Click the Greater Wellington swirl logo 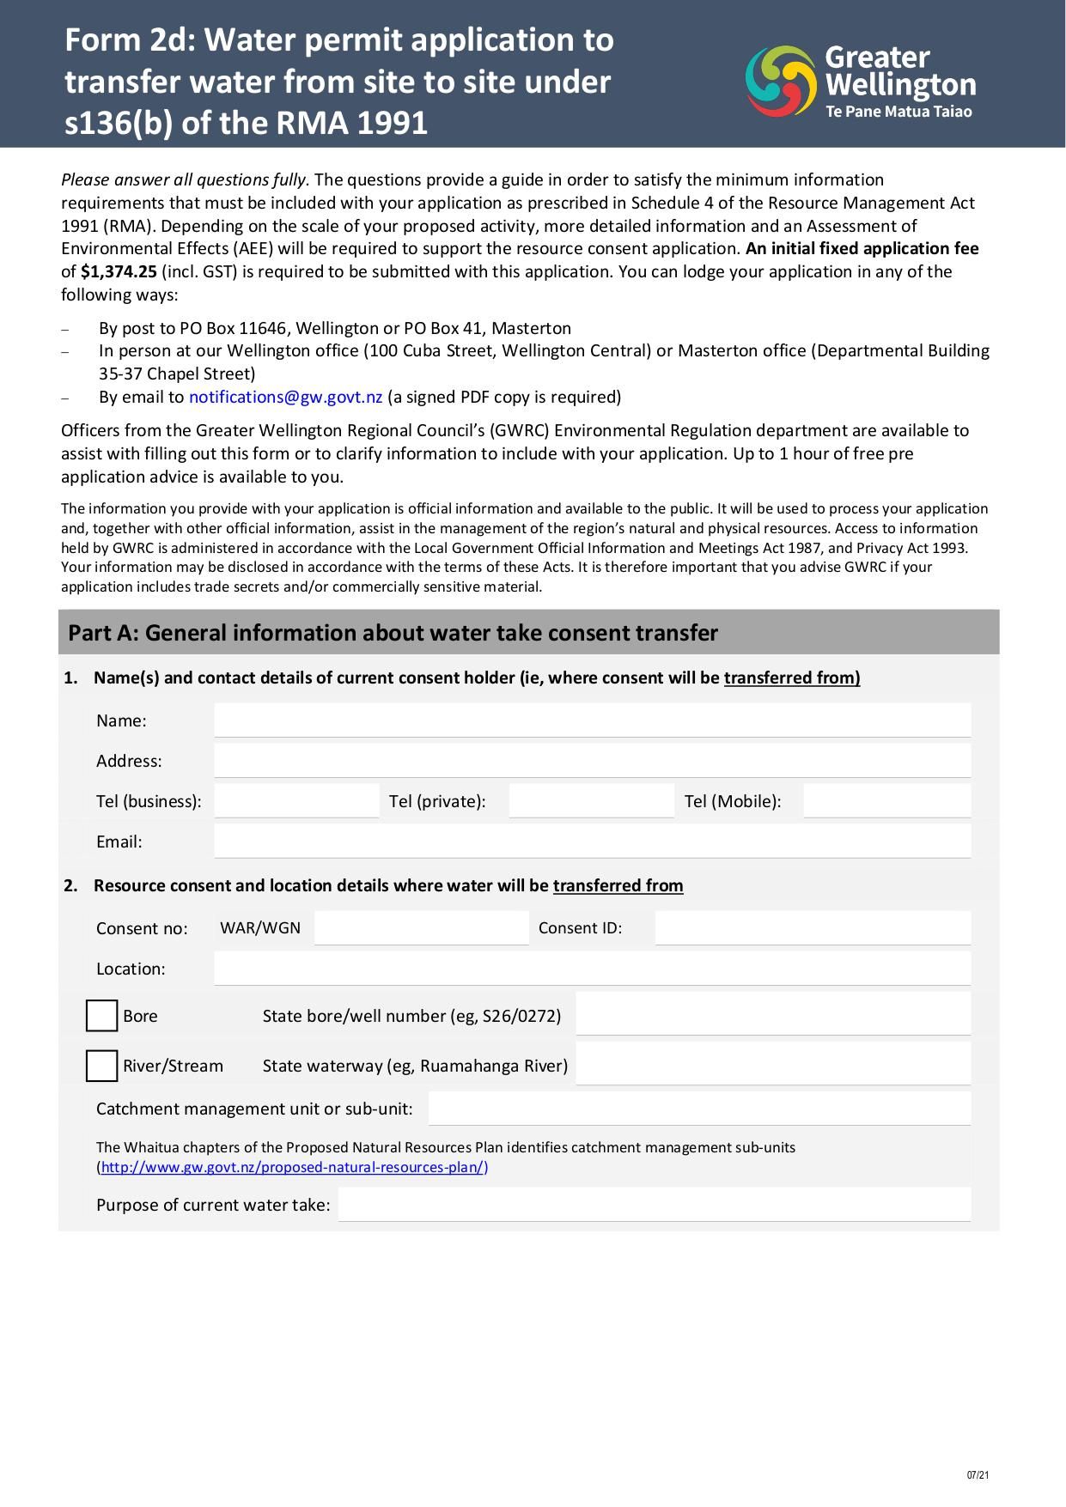point(780,81)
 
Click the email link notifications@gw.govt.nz point(285,397)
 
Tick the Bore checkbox point(101,1016)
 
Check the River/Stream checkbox point(101,1066)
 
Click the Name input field point(592,720)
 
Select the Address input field point(592,761)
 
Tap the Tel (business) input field point(296,801)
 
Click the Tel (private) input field point(591,801)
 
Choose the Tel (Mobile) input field point(886,801)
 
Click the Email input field point(592,842)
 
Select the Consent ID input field point(812,928)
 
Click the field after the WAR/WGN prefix point(421,928)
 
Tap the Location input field point(592,969)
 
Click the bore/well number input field point(772,1014)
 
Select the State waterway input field point(772,1064)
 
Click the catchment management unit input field point(698,1109)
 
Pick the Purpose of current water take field point(654,1205)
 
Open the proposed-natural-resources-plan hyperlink point(293,1167)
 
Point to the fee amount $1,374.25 point(119,272)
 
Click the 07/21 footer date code point(978,1475)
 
